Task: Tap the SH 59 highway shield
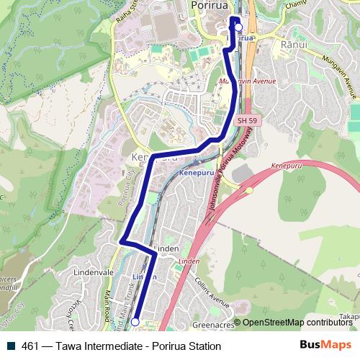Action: [x=246, y=120]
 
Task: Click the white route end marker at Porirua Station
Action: [x=238, y=29]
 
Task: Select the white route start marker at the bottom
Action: [x=135, y=323]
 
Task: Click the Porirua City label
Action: [x=128, y=184]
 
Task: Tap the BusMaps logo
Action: [x=326, y=346]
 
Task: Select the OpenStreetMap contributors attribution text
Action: [x=297, y=323]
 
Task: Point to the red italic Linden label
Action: [x=189, y=260]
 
